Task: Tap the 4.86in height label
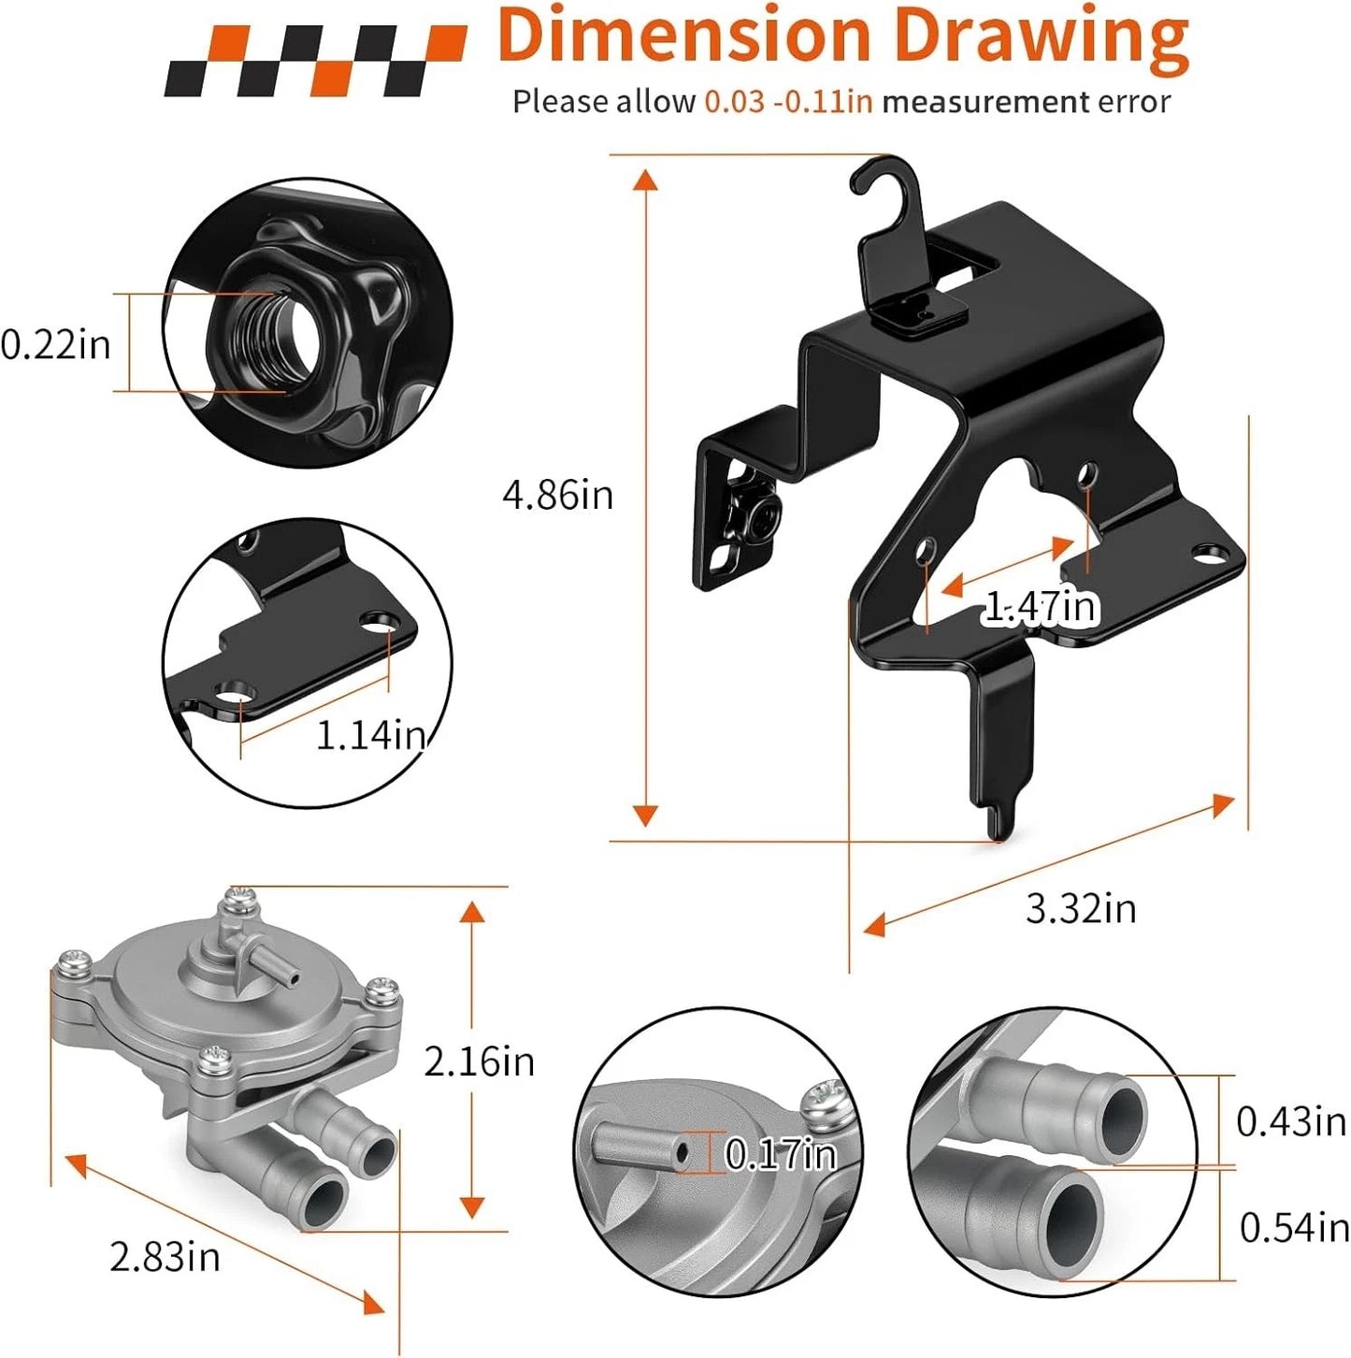[x=557, y=495]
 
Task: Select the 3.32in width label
[x=1081, y=908]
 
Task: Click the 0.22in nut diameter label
[x=56, y=345]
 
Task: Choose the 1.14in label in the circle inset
[x=370, y=736]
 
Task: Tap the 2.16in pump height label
[x=480, y=1062]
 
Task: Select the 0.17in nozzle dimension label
[x=781, y=1153]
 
